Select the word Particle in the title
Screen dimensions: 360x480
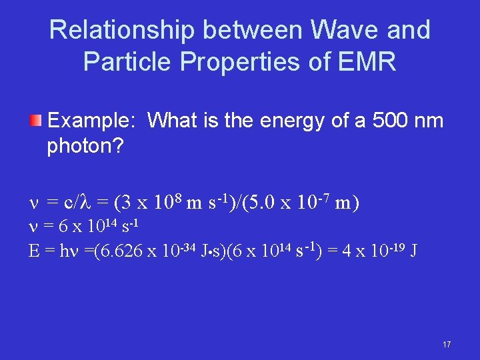123,61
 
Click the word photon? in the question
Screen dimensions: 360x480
85,146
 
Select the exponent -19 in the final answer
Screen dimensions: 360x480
395,247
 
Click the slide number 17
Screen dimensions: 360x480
446,344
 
